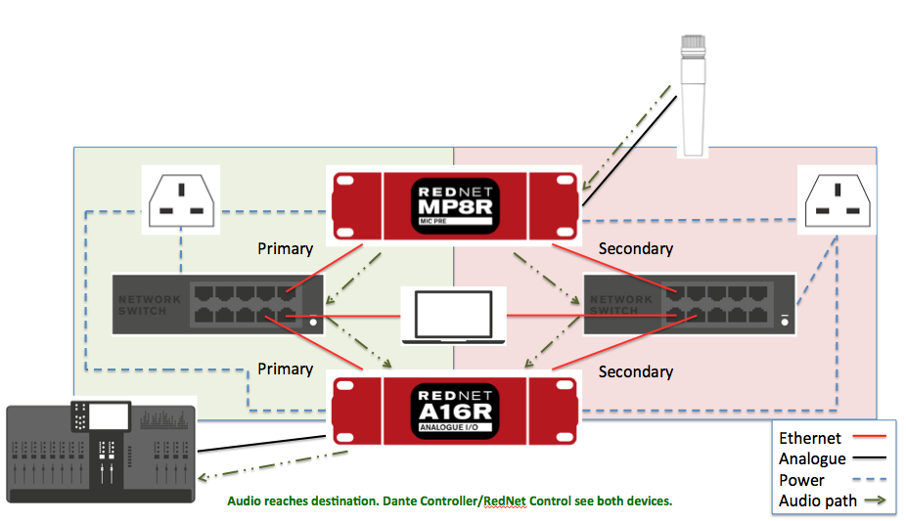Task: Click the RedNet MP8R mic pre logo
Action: click(455, 206)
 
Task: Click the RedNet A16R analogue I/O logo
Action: click(455, 411)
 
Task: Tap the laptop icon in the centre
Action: click(454, 317)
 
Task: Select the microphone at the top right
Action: click(693, 96)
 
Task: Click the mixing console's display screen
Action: click(108, 416)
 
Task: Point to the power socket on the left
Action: click(181, 200)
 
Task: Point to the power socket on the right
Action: click(838, 200)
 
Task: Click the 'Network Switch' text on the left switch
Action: click(150, 305)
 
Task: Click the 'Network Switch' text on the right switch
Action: click(621, 305)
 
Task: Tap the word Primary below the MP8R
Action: click(286, 249)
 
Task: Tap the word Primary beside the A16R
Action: click(286, 369)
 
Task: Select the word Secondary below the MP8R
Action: click(636, 248)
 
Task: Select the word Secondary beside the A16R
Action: click(636, 371)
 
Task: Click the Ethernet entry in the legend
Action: click(809, 439)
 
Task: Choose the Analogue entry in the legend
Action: click(812, 459)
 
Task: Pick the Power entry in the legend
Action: click(801, 480)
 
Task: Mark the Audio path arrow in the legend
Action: click(876, 500)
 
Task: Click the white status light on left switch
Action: click(313, 322)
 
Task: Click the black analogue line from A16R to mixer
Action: click(262, 444)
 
